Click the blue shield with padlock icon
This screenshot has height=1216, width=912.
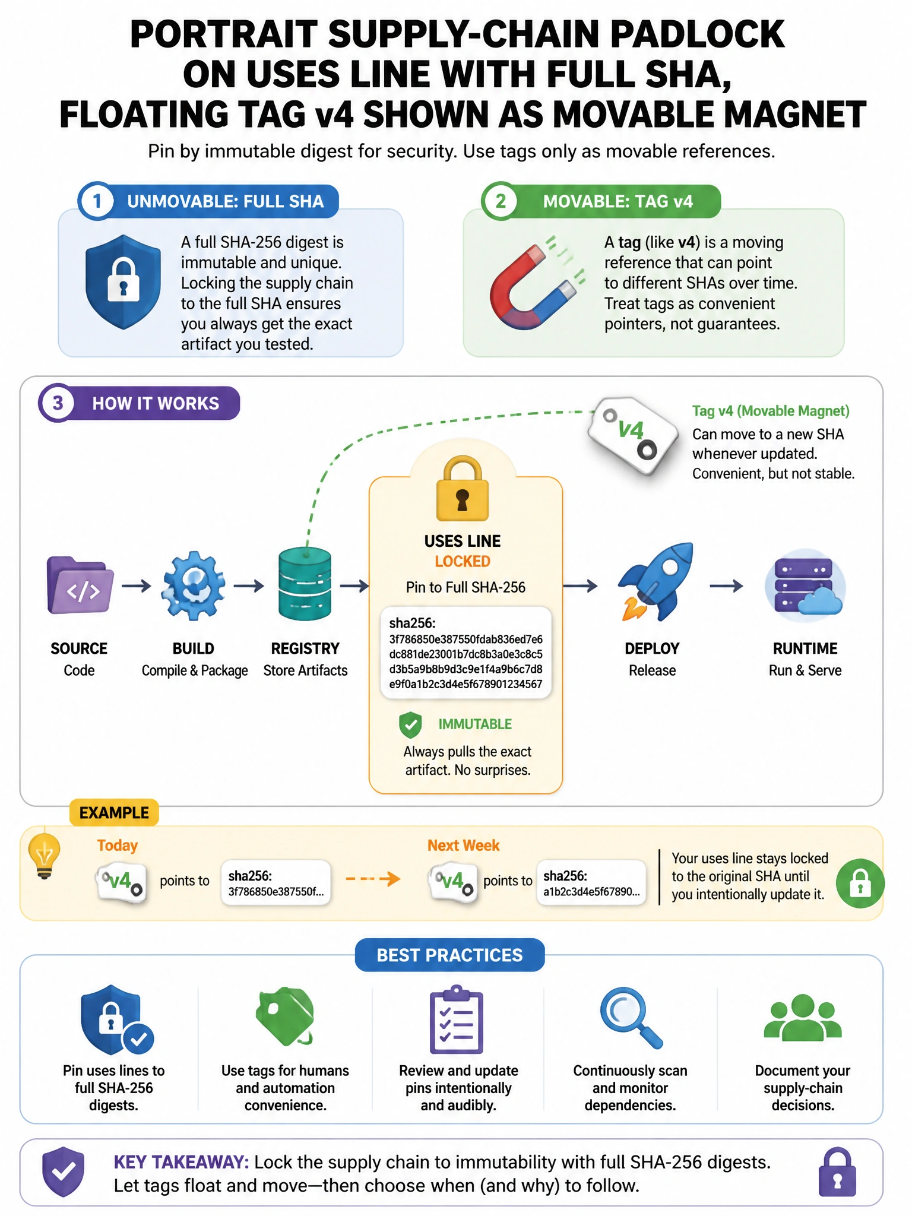(x=123, y=282)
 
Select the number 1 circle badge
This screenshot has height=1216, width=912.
(x=97, y=201)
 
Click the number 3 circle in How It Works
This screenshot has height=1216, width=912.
(x=57, y=404)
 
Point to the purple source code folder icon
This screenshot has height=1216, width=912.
(x=80, y=585)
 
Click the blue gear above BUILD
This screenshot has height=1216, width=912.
(x=194, y=585)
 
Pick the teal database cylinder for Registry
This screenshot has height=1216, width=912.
(x=305, y=584)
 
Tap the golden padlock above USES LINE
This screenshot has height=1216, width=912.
(x=463, y=488)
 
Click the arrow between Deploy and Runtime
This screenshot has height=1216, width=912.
(x=726, y=586)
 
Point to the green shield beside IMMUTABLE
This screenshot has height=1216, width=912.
(x=410, y=724)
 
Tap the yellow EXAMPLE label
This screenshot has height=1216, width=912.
(x=114, y=813)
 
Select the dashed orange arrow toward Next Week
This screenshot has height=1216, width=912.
(x=373, y=879)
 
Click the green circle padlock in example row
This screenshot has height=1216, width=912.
(x=860, y=883)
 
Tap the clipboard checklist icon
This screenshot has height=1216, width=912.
(x=457, y=1019)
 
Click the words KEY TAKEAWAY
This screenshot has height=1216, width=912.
(x=181, y=1162)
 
